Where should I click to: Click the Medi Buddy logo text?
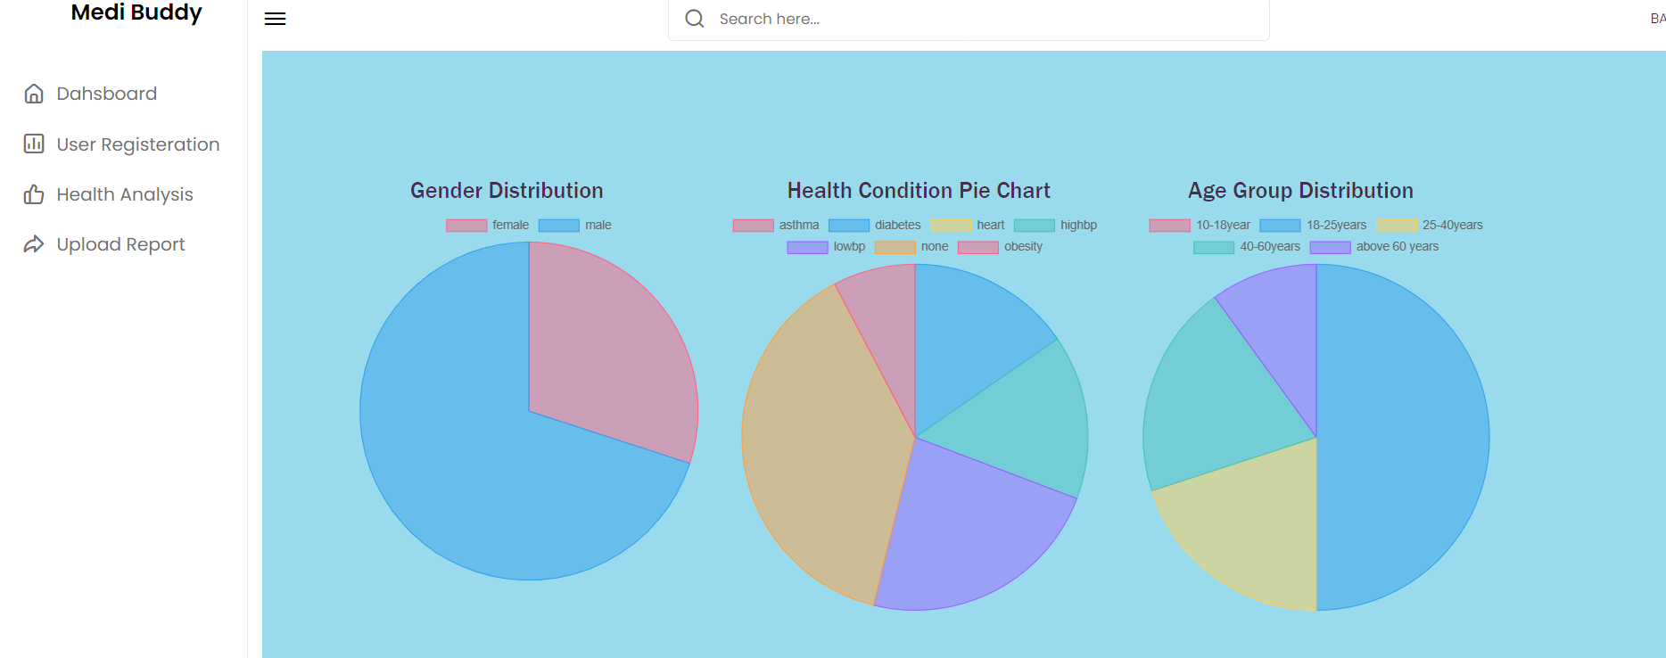136,12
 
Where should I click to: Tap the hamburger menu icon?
275,19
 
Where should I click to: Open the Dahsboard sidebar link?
106,94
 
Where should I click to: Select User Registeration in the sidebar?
137,144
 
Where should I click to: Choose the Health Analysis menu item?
124,194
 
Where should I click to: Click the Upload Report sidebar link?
120,244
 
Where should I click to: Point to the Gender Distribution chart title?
507,191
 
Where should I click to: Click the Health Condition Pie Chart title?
919,191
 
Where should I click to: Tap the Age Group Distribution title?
1300,191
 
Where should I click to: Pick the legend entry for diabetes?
876,226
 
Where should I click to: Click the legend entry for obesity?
1001,247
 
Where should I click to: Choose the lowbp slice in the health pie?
972,526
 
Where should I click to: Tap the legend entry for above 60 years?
1375,247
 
